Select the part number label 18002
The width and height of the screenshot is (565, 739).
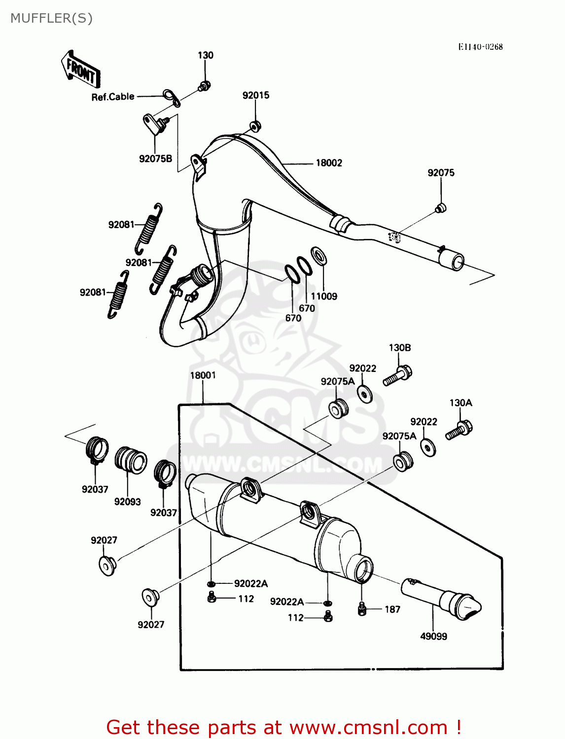328,163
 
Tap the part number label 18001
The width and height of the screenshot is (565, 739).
203,375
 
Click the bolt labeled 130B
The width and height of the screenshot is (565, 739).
398,376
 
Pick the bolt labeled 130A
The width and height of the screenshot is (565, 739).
459,430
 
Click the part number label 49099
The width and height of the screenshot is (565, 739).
433,637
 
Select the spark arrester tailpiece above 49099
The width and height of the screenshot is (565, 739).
441,599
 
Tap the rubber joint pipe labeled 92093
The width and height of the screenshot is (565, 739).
131,460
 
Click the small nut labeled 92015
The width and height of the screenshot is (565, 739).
255,126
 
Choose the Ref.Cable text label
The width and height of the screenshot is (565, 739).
113,97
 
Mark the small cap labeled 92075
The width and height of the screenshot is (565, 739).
441,208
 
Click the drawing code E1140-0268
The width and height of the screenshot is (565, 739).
480,47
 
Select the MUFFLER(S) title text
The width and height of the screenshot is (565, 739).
51,18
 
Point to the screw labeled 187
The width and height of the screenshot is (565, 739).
362,609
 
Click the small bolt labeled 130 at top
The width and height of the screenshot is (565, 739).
204,86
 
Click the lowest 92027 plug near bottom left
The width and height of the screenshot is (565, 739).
150,597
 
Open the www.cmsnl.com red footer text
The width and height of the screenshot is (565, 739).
368,727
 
